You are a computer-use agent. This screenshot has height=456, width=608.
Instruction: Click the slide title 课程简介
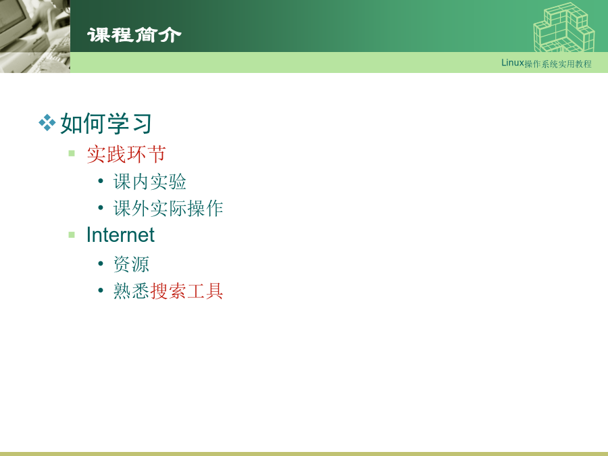(x=134, y=35)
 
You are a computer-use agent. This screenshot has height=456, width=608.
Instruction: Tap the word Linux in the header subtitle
(x=512, y=63)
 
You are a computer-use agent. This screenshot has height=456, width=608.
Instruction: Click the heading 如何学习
(x=106, y=124)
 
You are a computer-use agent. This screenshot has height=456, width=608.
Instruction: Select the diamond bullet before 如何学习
(x=47, y=123)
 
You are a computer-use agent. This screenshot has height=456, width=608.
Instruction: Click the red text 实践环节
(x=126, y=154)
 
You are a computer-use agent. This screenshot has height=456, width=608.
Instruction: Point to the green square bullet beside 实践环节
(x=72, y=153)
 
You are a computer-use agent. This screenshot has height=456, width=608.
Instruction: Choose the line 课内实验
(x=150, y=182)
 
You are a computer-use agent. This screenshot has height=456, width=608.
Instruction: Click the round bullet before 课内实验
(x=101, y=181)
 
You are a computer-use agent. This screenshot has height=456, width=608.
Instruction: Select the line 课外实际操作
(x=168, y=209)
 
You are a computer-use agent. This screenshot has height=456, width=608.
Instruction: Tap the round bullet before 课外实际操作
(x=101, y=208)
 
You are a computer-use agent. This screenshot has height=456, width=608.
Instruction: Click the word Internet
(x=120, y=234)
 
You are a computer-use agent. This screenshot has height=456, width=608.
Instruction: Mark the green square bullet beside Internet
(x=72, y=234)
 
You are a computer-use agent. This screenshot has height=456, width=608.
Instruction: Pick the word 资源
(x=131, y=264)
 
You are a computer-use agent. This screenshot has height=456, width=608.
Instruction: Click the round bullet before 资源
(x=101, y=263)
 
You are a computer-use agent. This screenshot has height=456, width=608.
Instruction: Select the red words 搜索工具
(x=186, y=290)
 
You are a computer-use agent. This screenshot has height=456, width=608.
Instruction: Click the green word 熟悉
(x=132, y=290)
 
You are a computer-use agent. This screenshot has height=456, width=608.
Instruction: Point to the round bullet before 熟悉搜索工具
(x=101, y=290)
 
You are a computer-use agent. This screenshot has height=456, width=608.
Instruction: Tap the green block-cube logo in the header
(x=564, y=27)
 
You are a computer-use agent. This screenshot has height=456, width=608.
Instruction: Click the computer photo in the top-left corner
(x=35, y=36)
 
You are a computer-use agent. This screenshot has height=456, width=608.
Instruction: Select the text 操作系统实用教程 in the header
(x=558, y=64)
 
